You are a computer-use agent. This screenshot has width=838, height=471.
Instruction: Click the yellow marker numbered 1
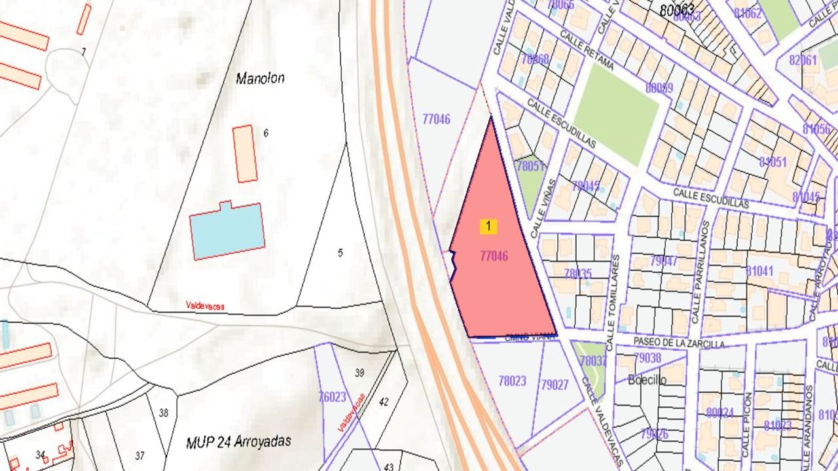tap(488, 226)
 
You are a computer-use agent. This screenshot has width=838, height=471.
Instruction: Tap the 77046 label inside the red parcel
tap(494, 256)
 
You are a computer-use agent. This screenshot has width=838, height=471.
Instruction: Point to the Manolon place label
tap(260, 78)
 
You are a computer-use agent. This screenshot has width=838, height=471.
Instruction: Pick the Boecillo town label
tap(647, 379)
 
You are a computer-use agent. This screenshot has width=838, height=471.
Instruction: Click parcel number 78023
tap(512, 381)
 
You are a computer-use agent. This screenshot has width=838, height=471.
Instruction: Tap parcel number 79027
tap(555, 385)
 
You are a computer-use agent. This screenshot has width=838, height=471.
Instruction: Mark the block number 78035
tap(577, 273)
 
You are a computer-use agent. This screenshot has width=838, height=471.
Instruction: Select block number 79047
tap(665, 262)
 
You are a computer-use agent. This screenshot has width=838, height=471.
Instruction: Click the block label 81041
tap(759, 271)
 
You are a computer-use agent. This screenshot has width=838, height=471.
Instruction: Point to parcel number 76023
tap(332, 396)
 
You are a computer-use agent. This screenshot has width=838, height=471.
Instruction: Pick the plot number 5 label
tap(340, 253)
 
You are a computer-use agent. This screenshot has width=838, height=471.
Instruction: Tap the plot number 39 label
tap(359, 373)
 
